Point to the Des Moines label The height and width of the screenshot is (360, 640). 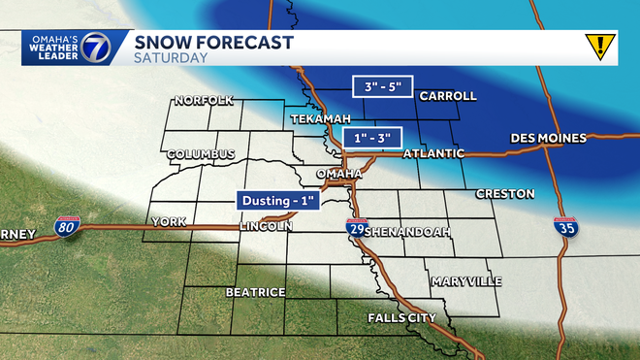pos(548,138)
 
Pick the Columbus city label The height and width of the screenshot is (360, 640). pos(201,154)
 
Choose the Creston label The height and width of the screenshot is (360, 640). pos(500,194)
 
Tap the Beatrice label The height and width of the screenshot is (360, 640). pos(255,292)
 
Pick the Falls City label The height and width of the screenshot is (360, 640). pos(401,318)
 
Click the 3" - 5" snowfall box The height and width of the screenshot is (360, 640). pos(380,87)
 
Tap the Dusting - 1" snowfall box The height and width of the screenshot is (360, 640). pos(278,200)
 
